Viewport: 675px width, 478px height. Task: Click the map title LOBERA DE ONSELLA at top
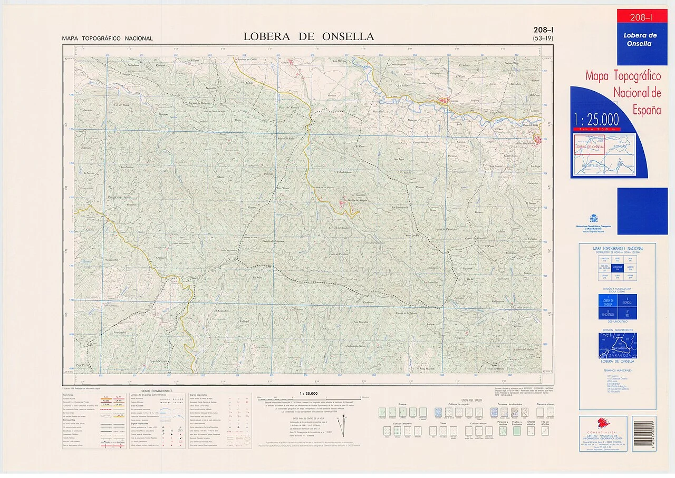[308, 36]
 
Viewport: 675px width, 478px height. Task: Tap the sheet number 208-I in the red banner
[641, 17]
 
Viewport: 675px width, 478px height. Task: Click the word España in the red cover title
[647, 110]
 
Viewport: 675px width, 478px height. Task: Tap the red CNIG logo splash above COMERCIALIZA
[603, 423]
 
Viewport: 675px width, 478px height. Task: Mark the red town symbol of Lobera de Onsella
[537, 140]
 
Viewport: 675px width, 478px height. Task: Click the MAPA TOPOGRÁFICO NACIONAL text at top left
[107, 38]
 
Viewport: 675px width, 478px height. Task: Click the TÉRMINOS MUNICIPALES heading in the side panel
[618, 372]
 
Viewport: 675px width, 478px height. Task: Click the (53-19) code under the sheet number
[543, 39]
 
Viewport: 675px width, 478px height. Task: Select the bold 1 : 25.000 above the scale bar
[308, 393]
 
